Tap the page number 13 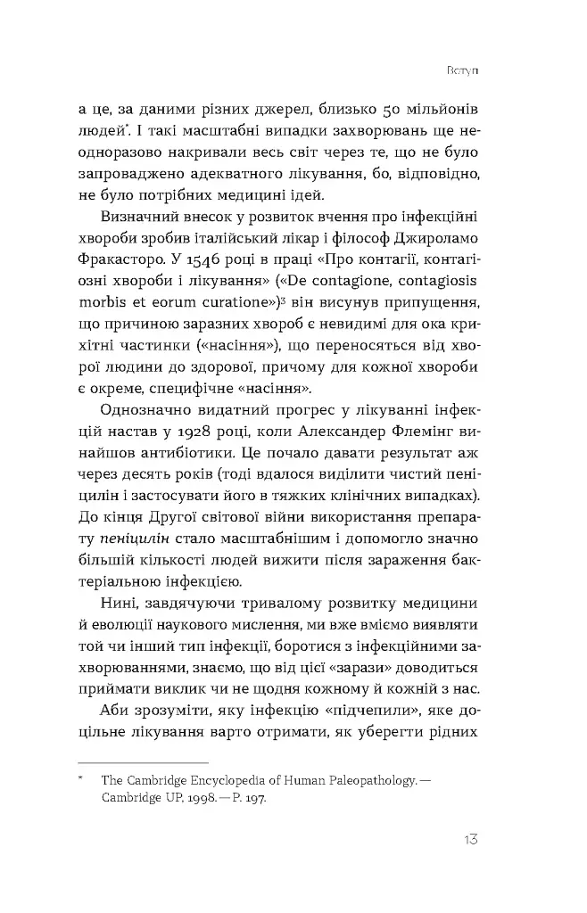475,841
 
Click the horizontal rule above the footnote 143,763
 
